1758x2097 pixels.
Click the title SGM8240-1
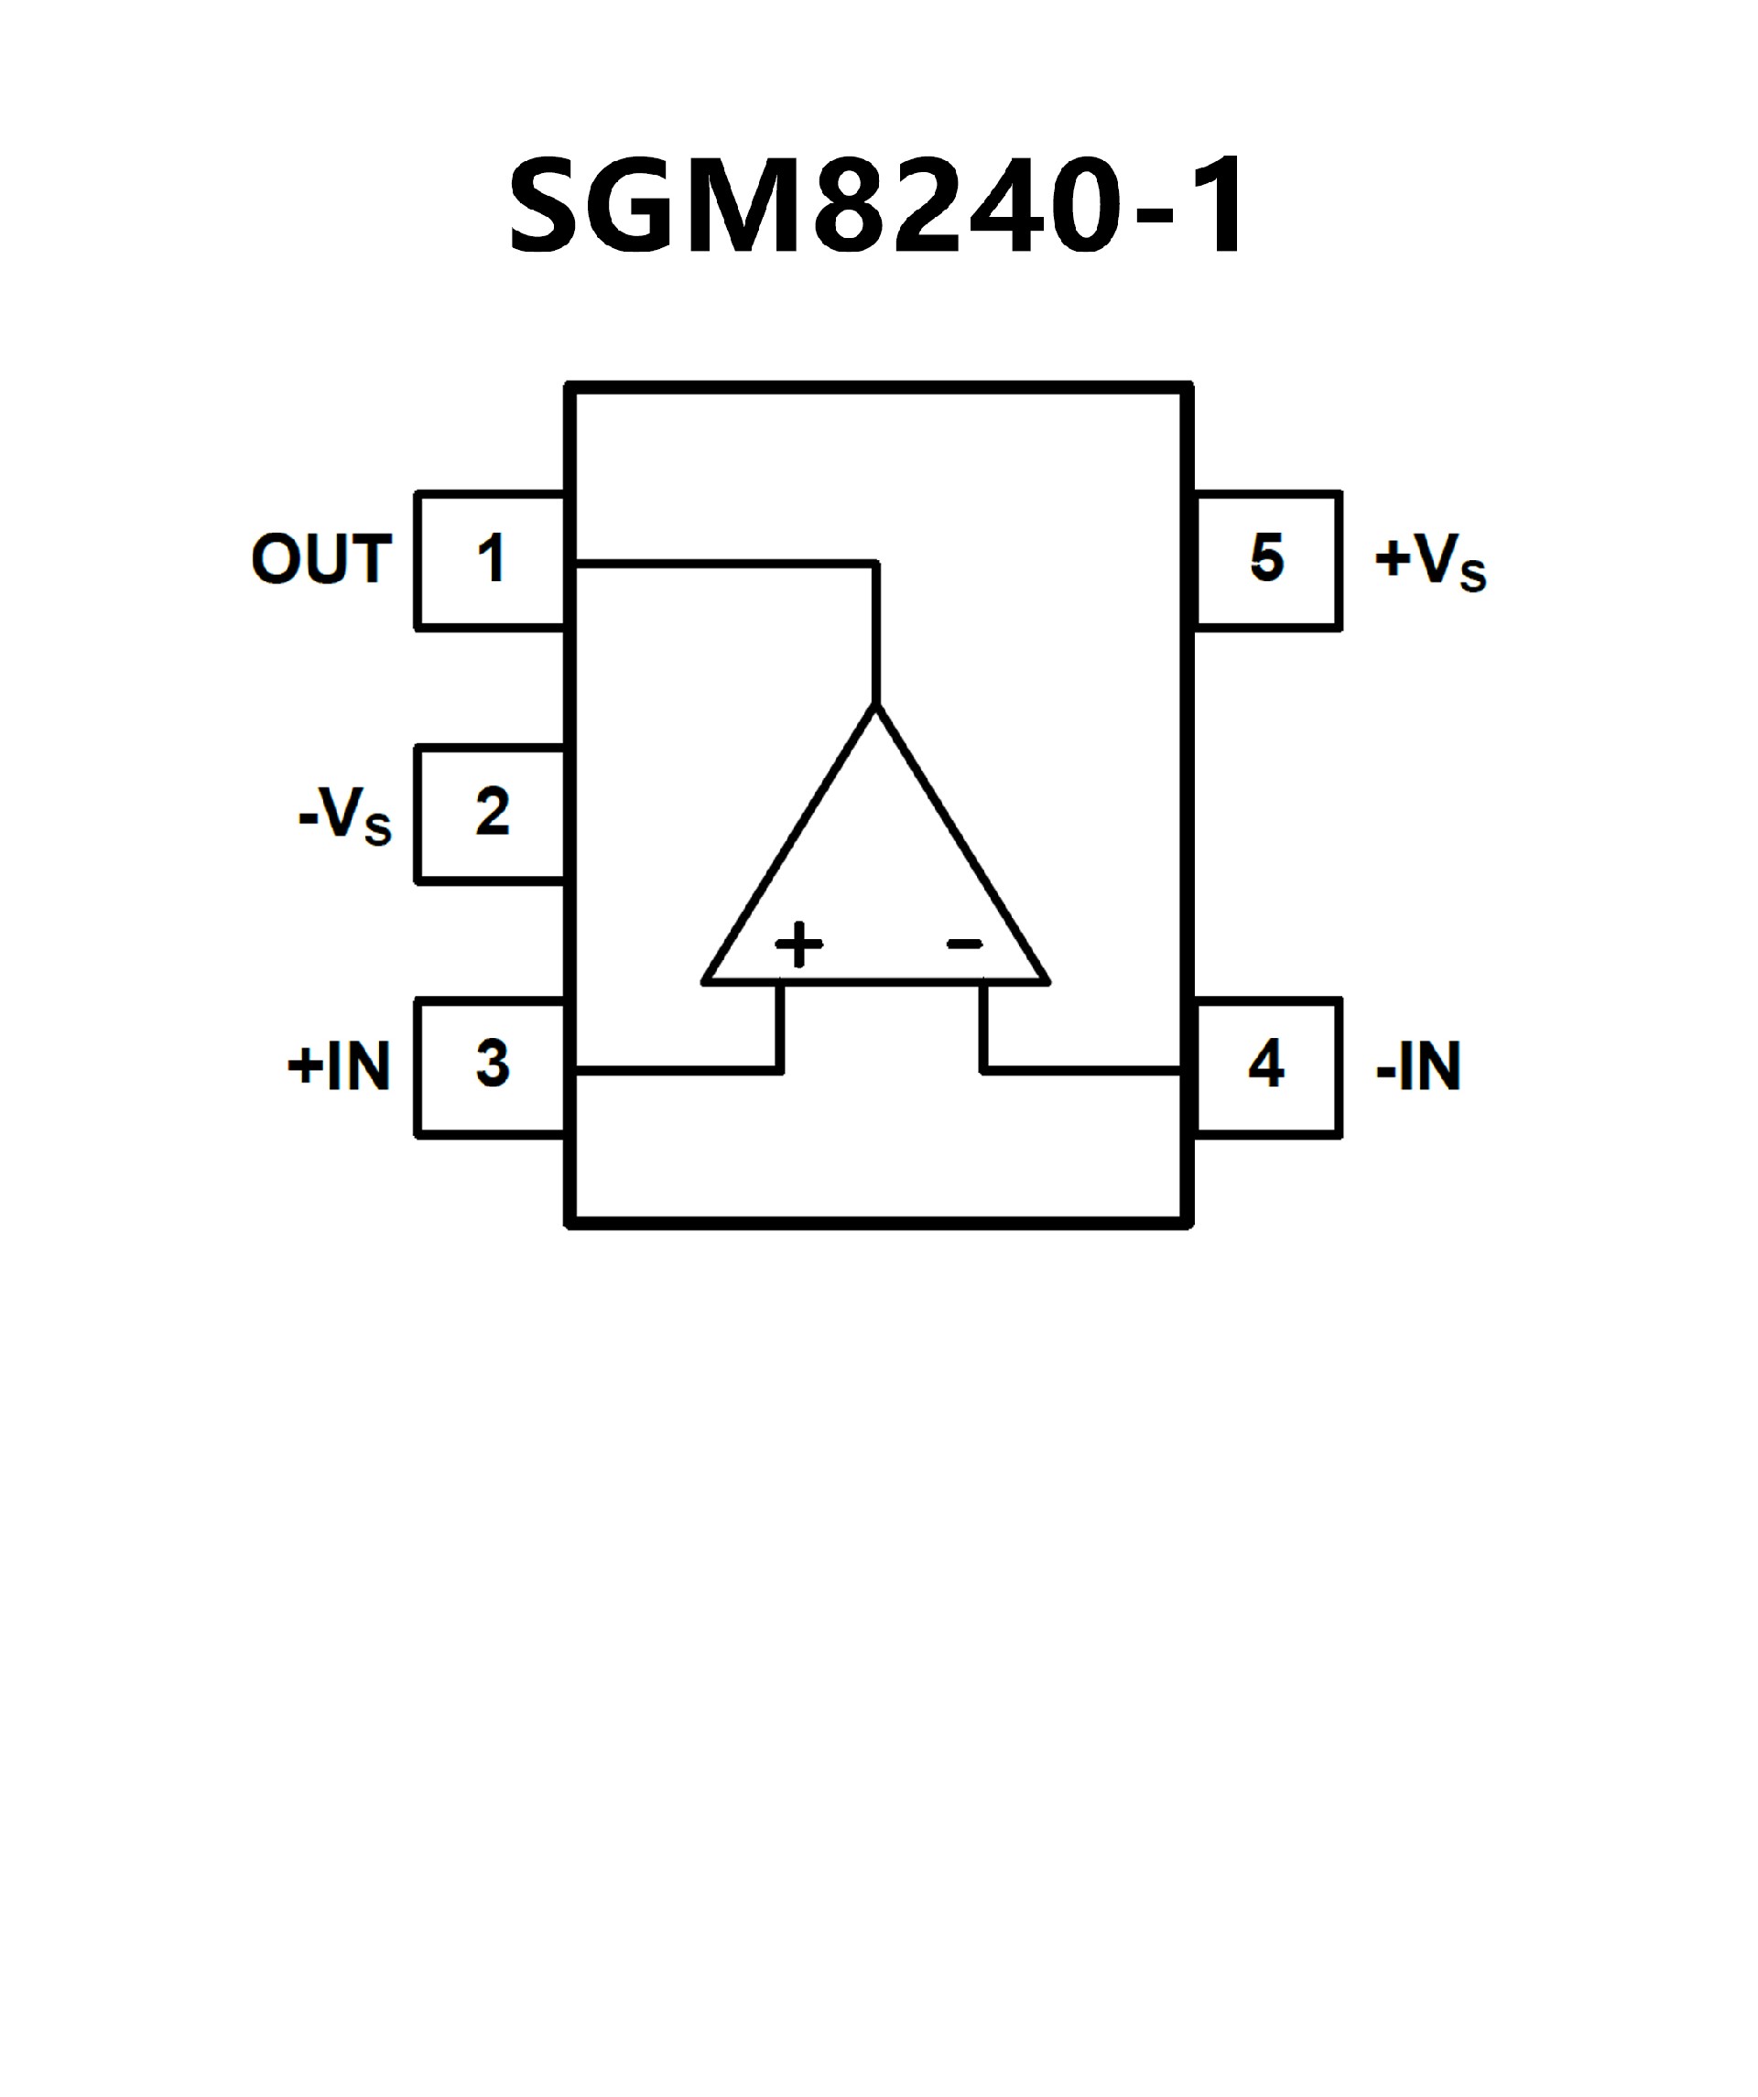[877, 207]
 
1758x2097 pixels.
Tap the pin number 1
[491, 559]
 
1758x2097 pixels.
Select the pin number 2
[493, 812]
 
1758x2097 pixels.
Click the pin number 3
[493, 1065]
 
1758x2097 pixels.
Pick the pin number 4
[1265, 1065]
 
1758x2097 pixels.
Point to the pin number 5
[1266, 558]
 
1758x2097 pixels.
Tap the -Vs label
[344, 815]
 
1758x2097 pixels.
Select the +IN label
[339, 1066]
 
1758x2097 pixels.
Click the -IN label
[1418, 1066]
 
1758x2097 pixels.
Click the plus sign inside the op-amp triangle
[799, 944]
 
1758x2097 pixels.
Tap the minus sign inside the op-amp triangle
[965, 944]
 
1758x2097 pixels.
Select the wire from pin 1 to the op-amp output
[729, 564]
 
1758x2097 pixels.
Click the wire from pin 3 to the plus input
[679, 1071]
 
